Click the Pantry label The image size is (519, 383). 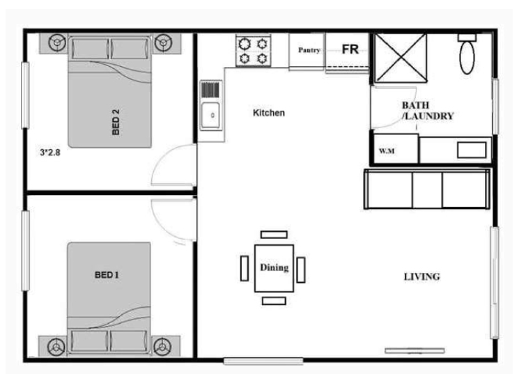coord(309,50)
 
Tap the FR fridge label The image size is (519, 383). coord(350,49)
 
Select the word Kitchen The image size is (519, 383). coord(269,113)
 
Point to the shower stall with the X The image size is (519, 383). coord(401,58)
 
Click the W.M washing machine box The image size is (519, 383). coord(395,148)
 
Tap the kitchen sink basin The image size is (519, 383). coord(210,115)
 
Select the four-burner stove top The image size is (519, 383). coord(253,51)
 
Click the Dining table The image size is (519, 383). coord(274,268)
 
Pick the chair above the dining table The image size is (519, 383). coord(274,235)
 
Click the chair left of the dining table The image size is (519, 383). coord(245,268)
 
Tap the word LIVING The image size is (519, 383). coord(422,276)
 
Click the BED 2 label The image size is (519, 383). coord(116,122)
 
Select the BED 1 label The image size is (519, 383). coord(107,275)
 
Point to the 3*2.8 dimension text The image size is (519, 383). coord(50,152)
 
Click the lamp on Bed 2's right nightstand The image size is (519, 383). coord(163,42)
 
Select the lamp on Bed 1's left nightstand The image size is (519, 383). coord(56,347)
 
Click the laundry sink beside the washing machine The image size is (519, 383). coord(472,150)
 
